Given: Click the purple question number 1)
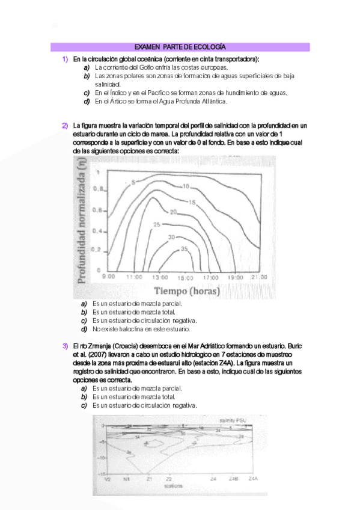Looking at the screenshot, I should [65, 60].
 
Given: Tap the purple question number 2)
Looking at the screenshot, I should [65, 125].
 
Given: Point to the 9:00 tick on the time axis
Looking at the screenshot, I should [109, 277].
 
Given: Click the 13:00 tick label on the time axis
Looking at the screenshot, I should [160, 277].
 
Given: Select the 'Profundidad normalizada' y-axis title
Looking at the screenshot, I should [82, 225].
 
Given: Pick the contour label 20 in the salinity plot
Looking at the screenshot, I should [173, 212].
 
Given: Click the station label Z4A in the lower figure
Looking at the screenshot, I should [254, 479].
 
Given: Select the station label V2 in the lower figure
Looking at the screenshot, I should [108, 479].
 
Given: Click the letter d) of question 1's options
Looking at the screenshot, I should [87, 102].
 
